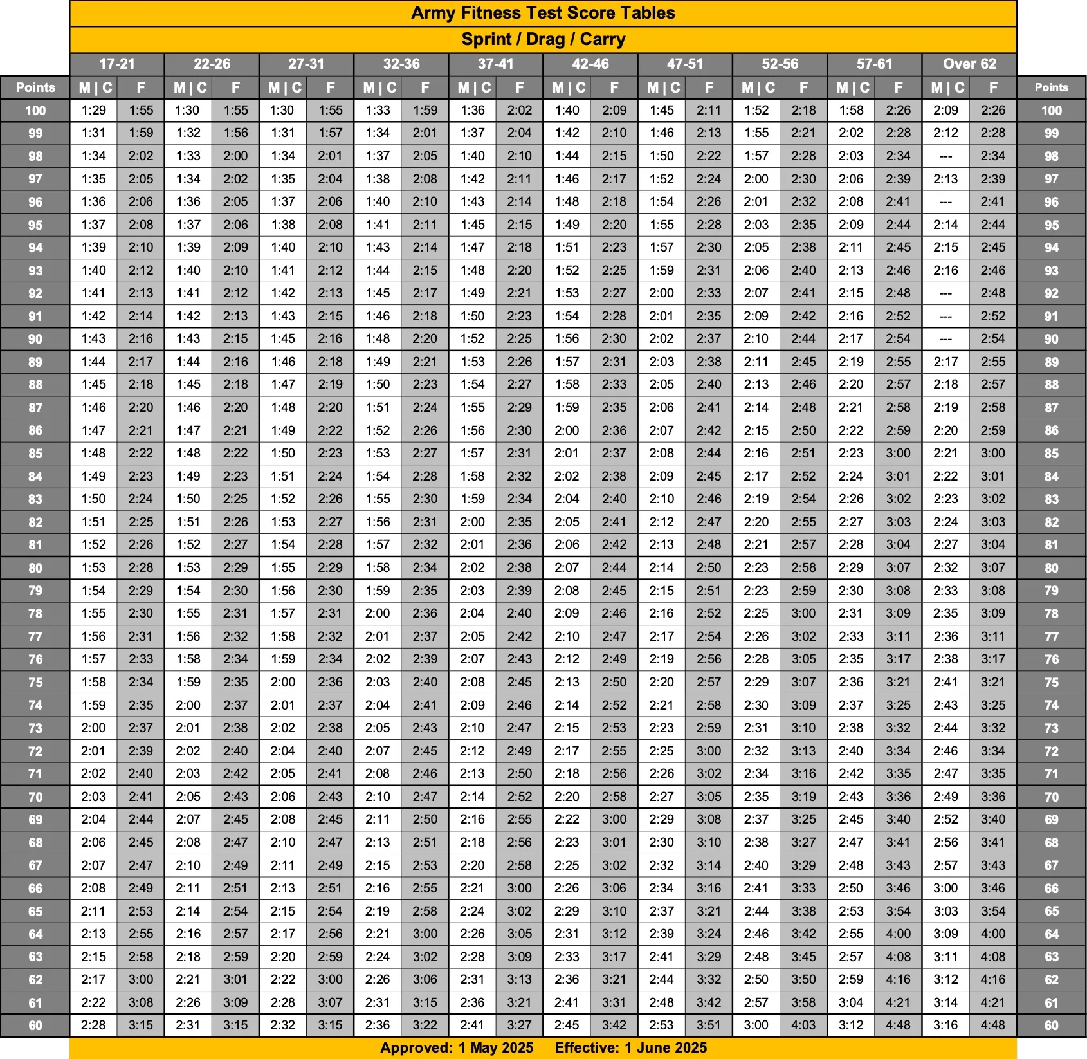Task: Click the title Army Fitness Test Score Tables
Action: pos(543,13)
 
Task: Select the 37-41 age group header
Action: pos(495,64)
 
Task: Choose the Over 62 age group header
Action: pos(969,64)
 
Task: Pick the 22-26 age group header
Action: pos(212,64)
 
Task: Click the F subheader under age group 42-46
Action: pos(614,87)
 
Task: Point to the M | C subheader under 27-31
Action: pos(283,87)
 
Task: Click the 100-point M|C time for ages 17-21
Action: pos(94,110)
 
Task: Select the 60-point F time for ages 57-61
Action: pos(898,1025)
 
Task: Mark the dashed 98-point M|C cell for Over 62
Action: pos(945,156)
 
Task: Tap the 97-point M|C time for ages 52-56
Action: pos(756,179)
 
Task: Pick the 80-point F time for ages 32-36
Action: pos(425,567)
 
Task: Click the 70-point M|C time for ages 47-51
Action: pos(661,797)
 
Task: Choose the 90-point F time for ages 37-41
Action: pos(519,338)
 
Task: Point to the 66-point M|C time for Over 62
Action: pos(945,888)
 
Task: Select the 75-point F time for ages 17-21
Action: pos(141,682)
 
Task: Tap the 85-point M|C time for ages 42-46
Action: pos(567,453)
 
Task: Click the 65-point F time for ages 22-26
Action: pos(235,911)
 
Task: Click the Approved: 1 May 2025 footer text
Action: pos(457,1047)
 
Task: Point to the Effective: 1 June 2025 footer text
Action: pos(630,1047)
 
